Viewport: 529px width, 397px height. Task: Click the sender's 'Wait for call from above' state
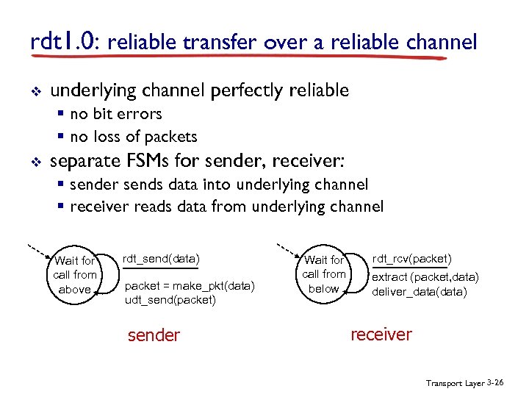[74, 275]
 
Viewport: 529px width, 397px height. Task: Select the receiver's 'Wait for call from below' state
[324, 274]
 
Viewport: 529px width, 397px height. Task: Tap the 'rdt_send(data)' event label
[161, 259]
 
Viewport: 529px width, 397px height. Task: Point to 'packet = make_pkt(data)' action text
[190, 286]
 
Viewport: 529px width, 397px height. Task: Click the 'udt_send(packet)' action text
[170, 300]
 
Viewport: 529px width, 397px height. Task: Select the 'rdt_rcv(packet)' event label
[411, 258]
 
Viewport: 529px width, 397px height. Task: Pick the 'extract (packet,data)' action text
[425, 277]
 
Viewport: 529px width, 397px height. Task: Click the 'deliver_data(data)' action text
[420, 291]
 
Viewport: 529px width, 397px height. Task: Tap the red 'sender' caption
[154, 336]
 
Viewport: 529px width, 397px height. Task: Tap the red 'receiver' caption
[381, 335]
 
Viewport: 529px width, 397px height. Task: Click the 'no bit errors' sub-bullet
[115, 114]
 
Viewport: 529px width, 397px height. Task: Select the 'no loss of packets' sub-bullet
[133, 136]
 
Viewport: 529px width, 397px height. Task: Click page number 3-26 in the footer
[495, 383]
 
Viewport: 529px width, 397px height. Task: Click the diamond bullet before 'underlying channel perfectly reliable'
[35, 92]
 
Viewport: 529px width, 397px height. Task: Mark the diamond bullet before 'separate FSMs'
[35, 161]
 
